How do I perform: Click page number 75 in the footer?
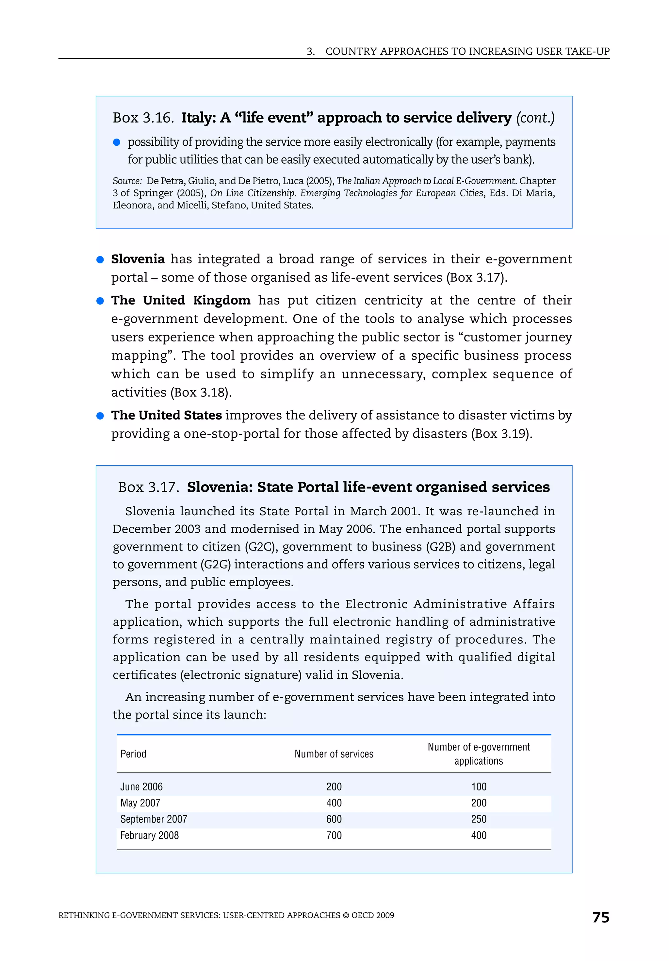point(600,917)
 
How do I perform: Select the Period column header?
point(133,754)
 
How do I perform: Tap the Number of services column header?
point(334,754)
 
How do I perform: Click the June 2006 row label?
point(141,787)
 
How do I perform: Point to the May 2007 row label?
point(140,803)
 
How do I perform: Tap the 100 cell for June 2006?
point(478,787)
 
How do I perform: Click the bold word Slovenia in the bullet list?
point(138,259)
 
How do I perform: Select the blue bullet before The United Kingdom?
point(100,301)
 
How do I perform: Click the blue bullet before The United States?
point(100,416)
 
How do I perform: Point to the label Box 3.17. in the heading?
point(149,487)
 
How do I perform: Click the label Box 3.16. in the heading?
point(143,118)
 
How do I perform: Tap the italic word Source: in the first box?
point(127,181)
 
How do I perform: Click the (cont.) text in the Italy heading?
point(535,118)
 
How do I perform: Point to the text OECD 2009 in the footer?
point(372,915)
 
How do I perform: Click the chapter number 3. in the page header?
point(310,52)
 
